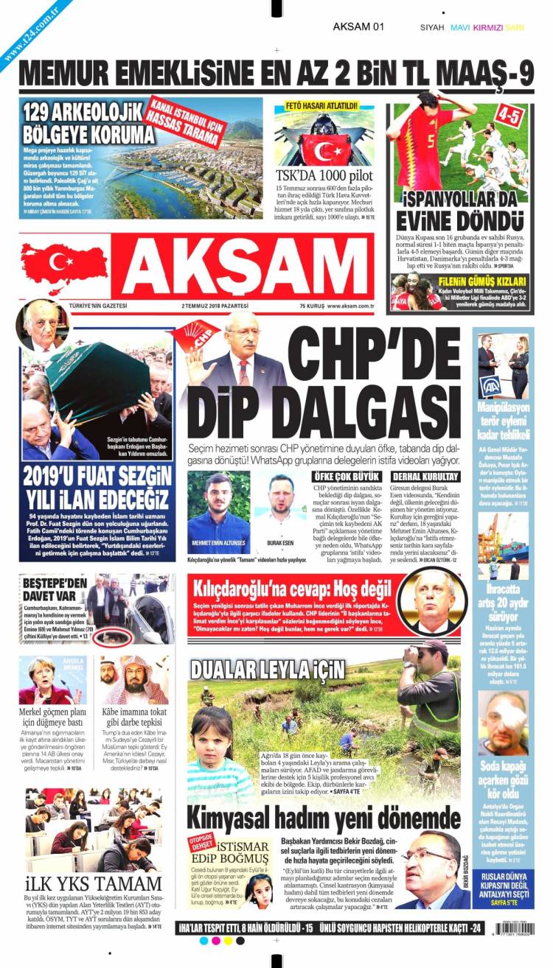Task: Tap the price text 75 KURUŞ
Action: click(x=312, y=306)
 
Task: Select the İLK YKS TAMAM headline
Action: click(x=93, y=883)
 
